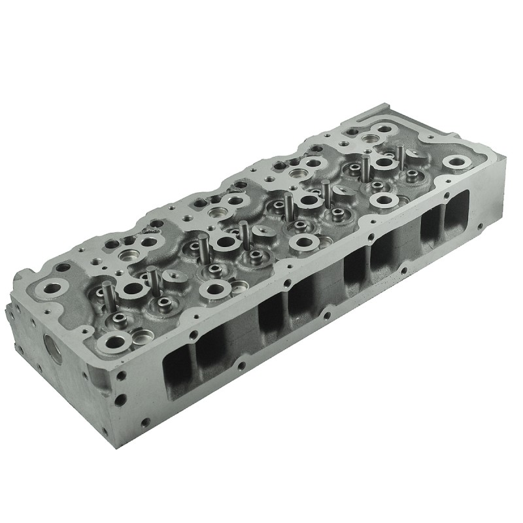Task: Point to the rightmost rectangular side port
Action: [x=456, y=212]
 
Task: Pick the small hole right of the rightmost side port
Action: [x=480, y=226]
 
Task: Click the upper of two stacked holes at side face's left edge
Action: [x=121, y=377]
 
